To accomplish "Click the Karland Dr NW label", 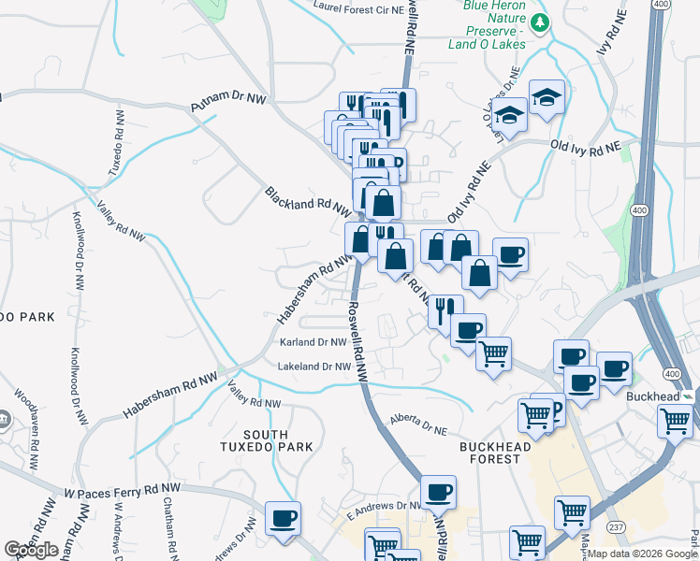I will click(x=314, y=343).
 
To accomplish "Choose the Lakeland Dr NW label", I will click(x=313, y=367).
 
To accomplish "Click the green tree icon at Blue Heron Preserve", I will click(x=539, y=22).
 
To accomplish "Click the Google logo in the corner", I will click(x=31, y=550).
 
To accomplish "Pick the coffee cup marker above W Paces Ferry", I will click(x=283, y=519).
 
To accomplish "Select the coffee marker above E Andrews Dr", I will click(x=437, y=492).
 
